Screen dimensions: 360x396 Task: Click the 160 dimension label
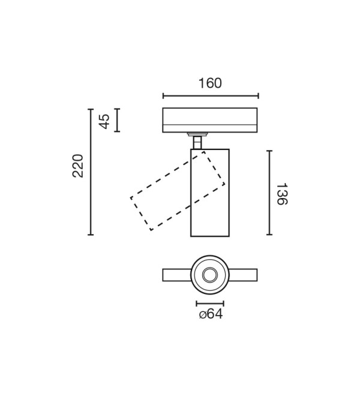click(x=210, y=83)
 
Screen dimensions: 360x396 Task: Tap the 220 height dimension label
click(x=78, y=166)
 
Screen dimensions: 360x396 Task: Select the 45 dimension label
click(x=104, y=121)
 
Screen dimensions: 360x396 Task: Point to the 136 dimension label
click(x=282, y=194)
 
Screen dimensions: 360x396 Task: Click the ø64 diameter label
click(x=211, y=314)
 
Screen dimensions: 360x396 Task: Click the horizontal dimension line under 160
click(x=211, y=96)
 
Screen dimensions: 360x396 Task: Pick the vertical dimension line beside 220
click(x=91, y=172)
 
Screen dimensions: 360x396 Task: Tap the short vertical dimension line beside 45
click(x=117, y=120)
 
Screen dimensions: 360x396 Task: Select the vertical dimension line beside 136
click(x=269, y=193)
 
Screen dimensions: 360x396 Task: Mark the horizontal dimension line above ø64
click(x=210, y=304)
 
